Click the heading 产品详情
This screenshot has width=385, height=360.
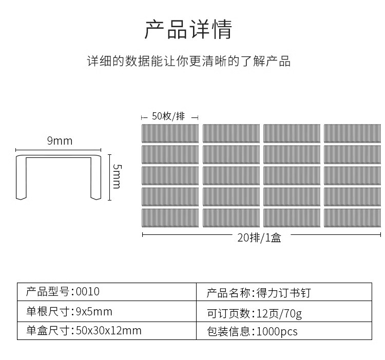tap(188, 30)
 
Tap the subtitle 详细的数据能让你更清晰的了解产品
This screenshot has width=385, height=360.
tap(188, 62)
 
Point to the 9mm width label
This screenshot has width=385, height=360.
tap(60, 141)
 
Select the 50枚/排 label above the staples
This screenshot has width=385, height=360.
tap(168, 116)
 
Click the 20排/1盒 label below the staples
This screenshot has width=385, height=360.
tap(259, 237)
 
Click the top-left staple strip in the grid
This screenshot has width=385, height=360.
tap(170, 133)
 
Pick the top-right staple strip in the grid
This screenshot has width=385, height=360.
tap(352, 133)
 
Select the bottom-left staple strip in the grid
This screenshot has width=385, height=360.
tap(170, 217)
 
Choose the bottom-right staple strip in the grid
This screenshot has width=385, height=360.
tap(352, 217)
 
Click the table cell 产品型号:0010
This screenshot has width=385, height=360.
tap(107, 292)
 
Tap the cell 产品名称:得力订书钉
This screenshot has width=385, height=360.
tap(284, 293)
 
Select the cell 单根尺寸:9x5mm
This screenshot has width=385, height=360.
tap(107, 312)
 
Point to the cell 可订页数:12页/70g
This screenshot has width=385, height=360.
tap(284, 312)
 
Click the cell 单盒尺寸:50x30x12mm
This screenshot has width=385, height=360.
tap(107, 331)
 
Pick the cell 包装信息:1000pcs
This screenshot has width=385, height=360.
tap(284, 331)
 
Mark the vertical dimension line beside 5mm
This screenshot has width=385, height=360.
tap(109, 176)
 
